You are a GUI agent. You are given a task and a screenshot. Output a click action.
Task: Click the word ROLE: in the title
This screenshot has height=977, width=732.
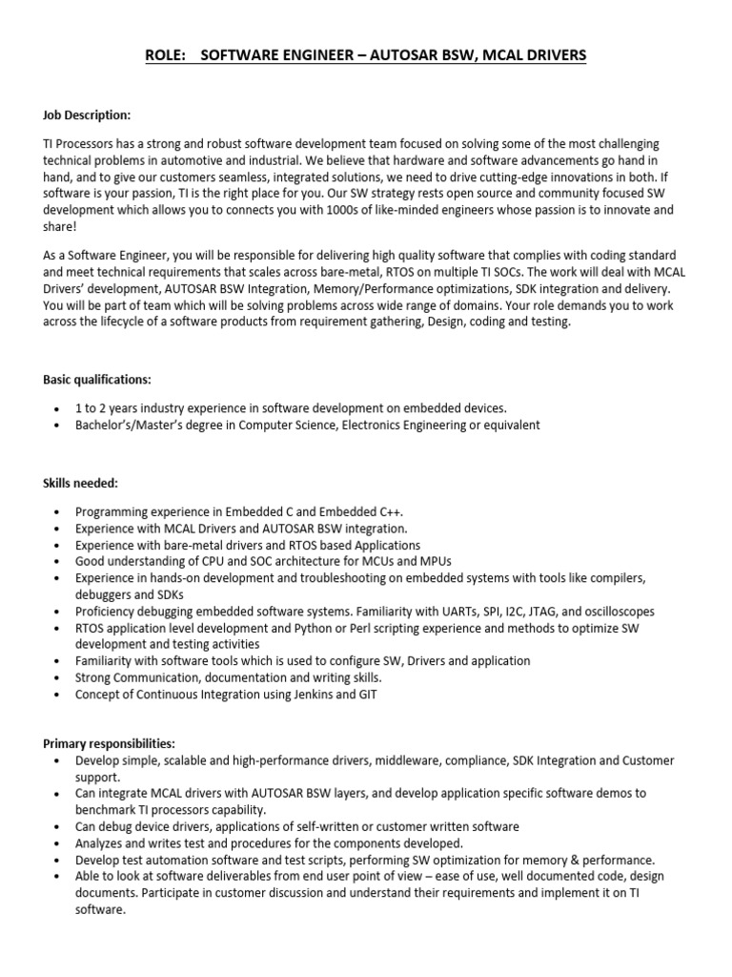tap(166, 56)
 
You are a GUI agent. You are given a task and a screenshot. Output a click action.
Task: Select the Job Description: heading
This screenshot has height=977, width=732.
tap(87, 115)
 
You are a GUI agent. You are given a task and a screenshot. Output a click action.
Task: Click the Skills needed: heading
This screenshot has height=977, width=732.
tap(80, 485)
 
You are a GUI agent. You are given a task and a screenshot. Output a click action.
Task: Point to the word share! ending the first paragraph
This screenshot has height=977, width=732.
tap(59, 225)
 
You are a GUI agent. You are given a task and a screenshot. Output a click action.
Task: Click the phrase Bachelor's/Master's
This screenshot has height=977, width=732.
tap(131, 425)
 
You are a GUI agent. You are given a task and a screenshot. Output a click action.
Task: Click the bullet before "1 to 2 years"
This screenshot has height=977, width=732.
tap(59, 408)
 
